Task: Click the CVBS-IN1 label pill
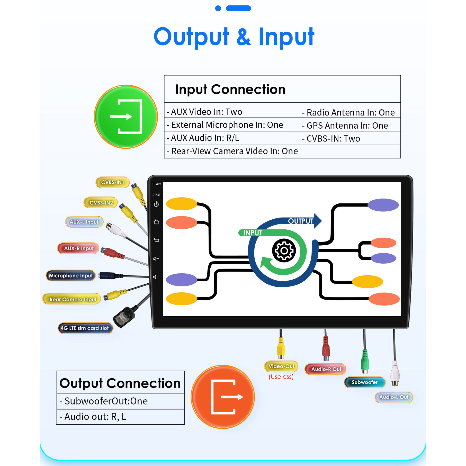click(x=112, y=182)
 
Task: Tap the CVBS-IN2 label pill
click(x=101, y=203)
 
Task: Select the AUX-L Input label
click(x=84, y=222)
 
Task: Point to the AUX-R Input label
click(x=78, y=248)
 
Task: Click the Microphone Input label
click(x=71, y=276)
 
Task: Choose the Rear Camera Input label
click(x=72, y=299)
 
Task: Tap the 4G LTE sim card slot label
click(x=85, y=328)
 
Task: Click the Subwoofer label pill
click(x=364, y=382)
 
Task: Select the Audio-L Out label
click(x=394, y=397)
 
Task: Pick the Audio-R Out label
click(x=326, y=369)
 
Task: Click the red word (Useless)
click(x=281, y=377)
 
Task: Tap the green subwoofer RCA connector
click(x=365, y=361)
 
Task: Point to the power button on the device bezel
click(x=156, y=204)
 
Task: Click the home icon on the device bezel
click(x=156, y=222)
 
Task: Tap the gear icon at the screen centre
click(x=284, y=250)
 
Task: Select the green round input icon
click(x=126, y=117)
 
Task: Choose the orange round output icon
click(x=223, y=397)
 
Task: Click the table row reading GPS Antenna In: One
click(x=347, y=126)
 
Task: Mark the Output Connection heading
click(x=120, y=383)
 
